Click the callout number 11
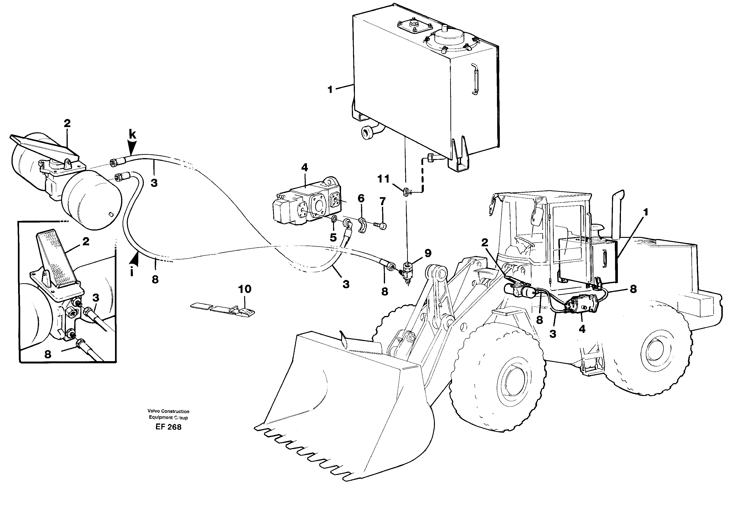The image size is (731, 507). (383, 179)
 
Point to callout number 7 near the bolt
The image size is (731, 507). (382, 201)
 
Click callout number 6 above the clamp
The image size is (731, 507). (361, 199)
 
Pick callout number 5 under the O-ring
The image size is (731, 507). (333, 238)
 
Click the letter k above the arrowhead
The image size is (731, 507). (132, 135)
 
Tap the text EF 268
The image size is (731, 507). (168, 427)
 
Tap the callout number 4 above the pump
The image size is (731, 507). (304, 168)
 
